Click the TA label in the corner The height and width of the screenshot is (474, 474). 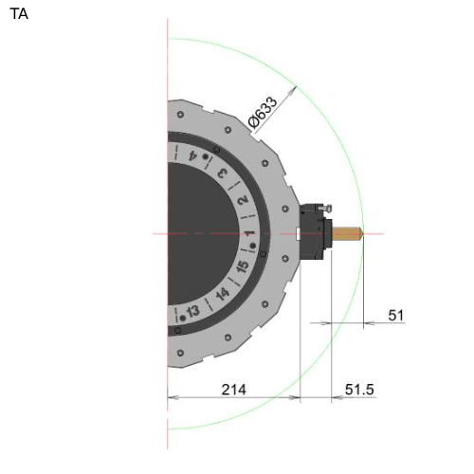(19, 14)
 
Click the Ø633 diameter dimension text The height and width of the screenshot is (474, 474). (263, 112)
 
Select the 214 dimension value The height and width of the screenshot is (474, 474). (234, 390)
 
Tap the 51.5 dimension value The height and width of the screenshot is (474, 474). (359, 390)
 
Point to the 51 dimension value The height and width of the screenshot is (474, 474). (396, 316)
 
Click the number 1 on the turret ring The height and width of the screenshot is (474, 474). (249, 233)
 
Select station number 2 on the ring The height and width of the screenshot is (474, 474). (243, 200)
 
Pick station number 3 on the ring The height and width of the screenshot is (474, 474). (223, 173)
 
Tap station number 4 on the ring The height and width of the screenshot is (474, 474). (191, 155)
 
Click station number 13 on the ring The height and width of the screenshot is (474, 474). (193, 311)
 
